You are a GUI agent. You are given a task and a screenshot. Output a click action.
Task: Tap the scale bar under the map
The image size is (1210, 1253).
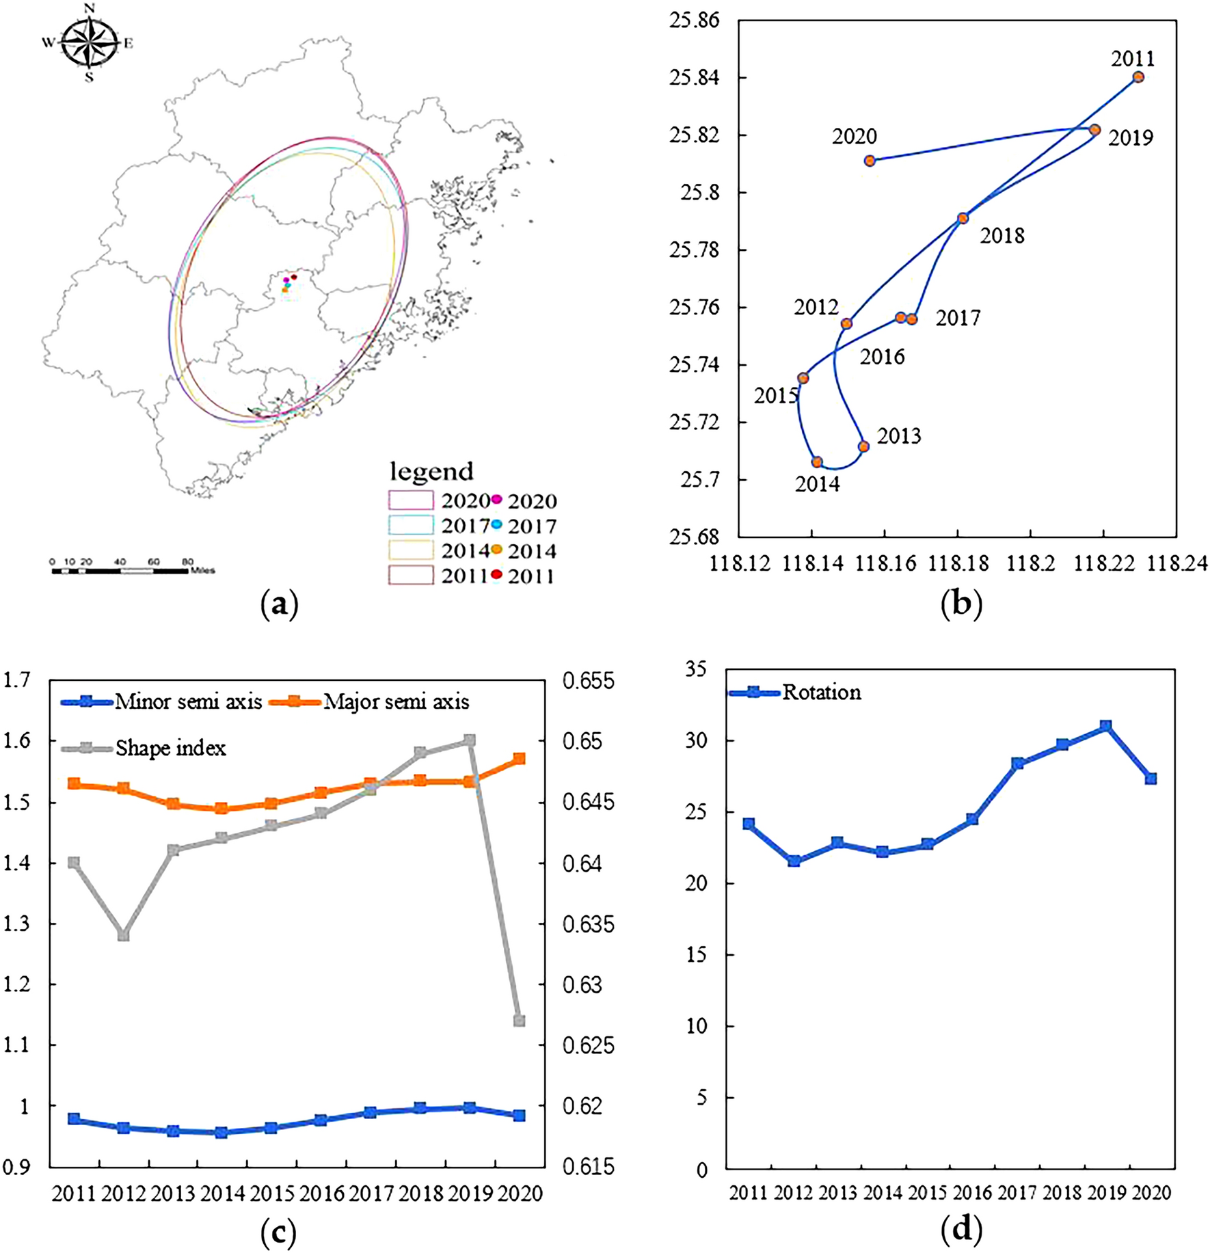pos(120,570)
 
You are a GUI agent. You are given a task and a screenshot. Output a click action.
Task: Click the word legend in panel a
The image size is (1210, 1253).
pos(431,471)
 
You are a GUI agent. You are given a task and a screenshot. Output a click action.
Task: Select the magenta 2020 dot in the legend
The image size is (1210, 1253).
pos(497,499)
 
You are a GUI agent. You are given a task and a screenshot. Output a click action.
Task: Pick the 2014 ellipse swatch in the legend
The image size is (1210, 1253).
pos(411,550)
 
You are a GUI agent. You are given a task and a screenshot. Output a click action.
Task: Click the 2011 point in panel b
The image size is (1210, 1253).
pos(1138,77)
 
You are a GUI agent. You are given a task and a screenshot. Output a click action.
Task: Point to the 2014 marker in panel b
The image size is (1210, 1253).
pos(817,462)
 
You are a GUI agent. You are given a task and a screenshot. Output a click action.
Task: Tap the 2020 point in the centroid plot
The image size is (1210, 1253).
pos(870,161)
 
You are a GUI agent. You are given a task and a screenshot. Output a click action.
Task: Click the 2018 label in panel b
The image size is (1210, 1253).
pos(1001,236)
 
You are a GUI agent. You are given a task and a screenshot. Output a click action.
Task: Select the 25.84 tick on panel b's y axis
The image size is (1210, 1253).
pos(695,77)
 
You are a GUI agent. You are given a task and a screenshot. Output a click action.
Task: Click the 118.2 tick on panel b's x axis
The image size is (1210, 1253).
pos(1030,563)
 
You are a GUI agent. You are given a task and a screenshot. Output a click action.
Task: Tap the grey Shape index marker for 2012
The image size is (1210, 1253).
pos(124,935)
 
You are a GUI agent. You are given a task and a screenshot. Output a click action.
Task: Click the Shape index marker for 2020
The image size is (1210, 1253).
pos(519,1021)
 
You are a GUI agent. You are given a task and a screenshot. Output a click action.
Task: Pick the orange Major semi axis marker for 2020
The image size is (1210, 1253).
pos(519,759)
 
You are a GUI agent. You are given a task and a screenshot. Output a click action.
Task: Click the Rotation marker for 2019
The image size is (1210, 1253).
pos(1105,726)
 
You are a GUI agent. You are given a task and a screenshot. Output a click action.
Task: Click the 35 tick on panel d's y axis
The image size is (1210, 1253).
pos(696,669)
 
